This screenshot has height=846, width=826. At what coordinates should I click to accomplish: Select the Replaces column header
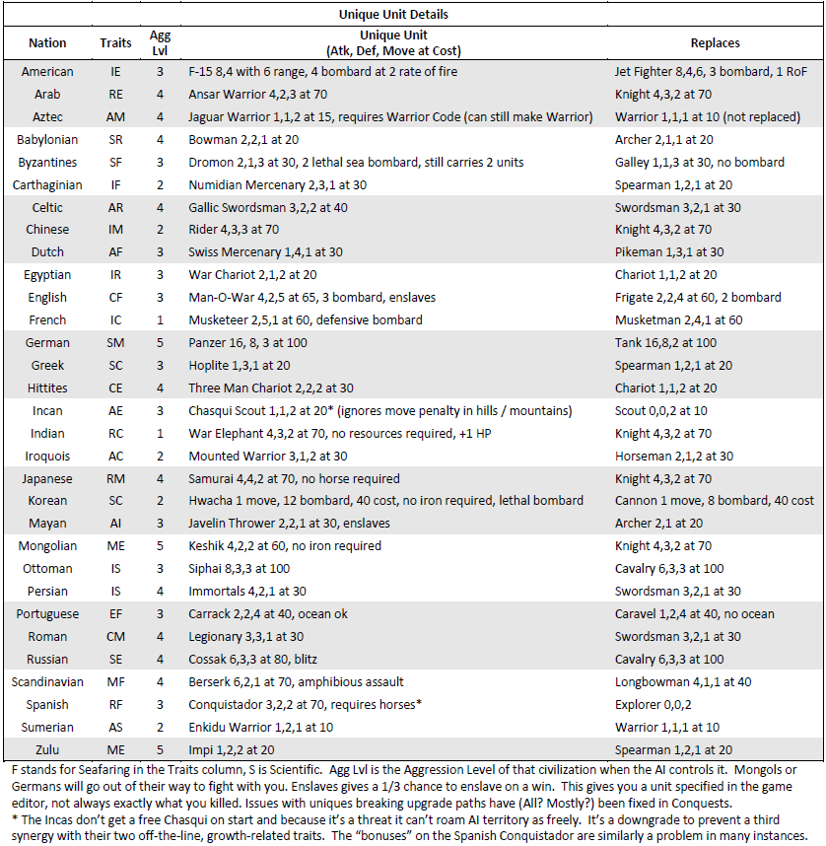pyautogui.click(x=716, y=43)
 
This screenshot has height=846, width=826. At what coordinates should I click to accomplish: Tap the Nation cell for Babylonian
pyautogui.click(x=47, y=140)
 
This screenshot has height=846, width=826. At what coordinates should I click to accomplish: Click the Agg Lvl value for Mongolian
pyautogui.click(x=160, y=545)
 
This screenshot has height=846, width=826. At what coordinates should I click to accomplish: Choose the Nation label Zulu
pyautogui.click(x=47, y=748)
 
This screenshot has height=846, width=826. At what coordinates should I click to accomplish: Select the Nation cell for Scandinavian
pyautogui.click(x=47, y=681)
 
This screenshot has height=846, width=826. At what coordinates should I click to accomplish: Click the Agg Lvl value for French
pyautogui.click(x=160, y=319)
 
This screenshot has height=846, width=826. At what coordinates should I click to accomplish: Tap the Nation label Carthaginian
pyautogui.click(x=47, y=184)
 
